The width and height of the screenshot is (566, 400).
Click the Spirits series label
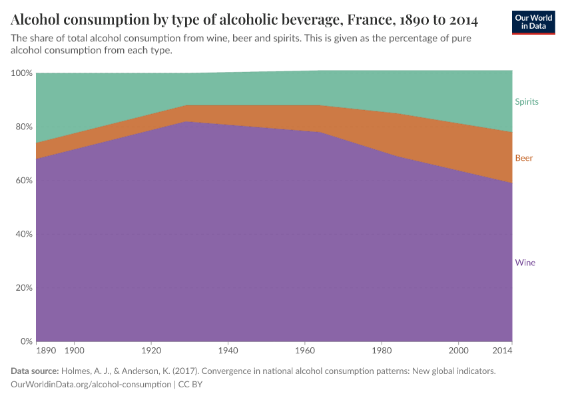[x=526, y=102]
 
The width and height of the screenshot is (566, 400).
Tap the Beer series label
[x=523, y=158]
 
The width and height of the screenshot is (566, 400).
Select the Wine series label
[x=525, y=263]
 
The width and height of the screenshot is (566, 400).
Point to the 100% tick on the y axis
[x=22, y=73]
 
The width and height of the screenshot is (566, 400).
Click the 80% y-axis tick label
[x=24, y=127]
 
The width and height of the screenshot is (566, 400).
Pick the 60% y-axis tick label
[x=24, y=181]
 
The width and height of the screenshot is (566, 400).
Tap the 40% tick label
[x=24, y=234]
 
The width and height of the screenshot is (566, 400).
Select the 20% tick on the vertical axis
[x=24, y=288]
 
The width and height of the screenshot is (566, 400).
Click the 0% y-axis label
[x=26, y=341]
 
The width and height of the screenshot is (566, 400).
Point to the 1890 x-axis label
[x=46, y=350]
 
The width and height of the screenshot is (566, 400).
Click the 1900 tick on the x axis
[x=74, y=350]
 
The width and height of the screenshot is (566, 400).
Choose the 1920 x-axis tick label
[x=151, y=350]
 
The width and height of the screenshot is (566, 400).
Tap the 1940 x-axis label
[x=228, y=350]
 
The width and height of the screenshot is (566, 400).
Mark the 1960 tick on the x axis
[x=305, y=350]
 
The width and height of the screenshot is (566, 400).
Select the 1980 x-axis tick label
[x=382, y=350]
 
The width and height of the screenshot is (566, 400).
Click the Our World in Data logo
[x=533, y=23]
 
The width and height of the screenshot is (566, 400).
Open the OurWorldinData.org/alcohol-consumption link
[x=91, y=385]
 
